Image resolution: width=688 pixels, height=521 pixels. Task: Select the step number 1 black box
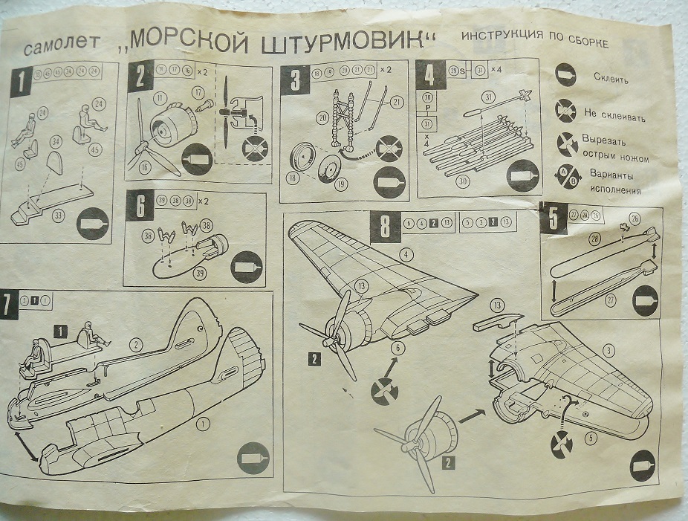pyautogui.click(x=22, y=80)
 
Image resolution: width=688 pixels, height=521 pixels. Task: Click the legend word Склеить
pyautogui.click(x=612, y=77)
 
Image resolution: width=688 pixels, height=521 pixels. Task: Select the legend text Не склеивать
pyautogui.click(x=614, y=117)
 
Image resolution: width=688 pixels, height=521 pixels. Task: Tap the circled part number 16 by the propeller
pyautogui.click(x=145, y=168)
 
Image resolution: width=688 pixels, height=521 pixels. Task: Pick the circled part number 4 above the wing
pyautogui.click(x=405, y=254)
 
